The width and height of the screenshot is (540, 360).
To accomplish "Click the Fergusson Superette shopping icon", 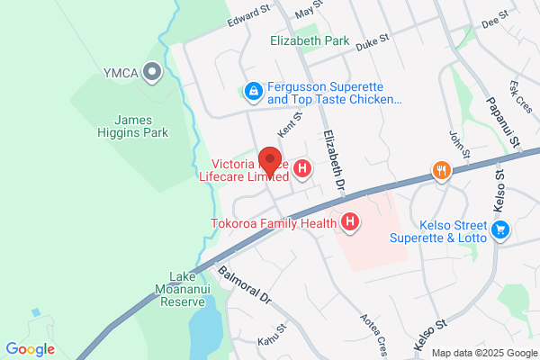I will point(254,91).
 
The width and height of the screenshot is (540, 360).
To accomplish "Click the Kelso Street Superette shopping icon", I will point(501,231).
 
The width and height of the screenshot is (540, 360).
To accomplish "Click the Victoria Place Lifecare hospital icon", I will point(303,168).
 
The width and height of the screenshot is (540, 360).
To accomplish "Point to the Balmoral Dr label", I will point(245,283).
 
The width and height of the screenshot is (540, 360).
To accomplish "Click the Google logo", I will point(30,348).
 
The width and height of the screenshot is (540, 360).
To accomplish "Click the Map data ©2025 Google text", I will point(481,352).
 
